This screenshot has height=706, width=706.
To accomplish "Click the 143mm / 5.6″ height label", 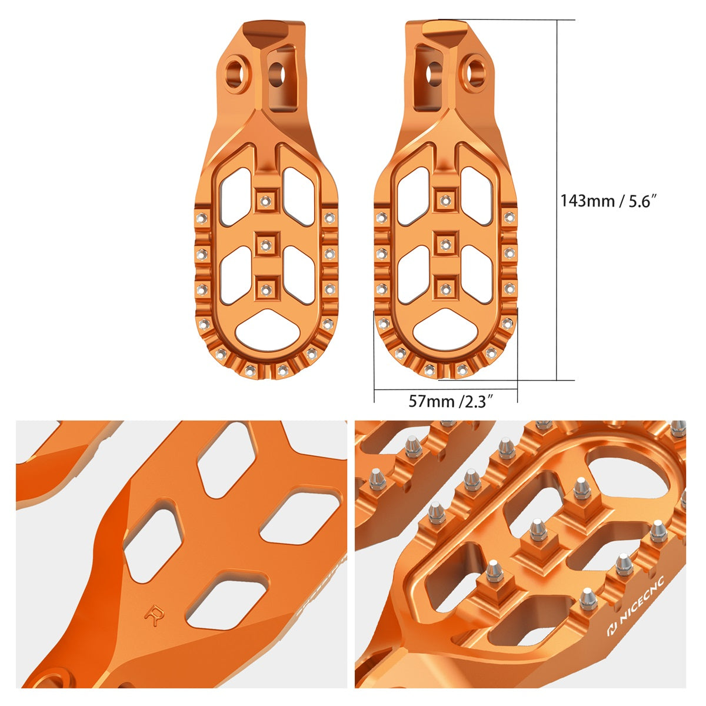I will click(608, 200).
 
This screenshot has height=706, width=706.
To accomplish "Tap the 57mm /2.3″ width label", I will click(451, 402).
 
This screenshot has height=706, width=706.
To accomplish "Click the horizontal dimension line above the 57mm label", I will click(445, 389).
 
